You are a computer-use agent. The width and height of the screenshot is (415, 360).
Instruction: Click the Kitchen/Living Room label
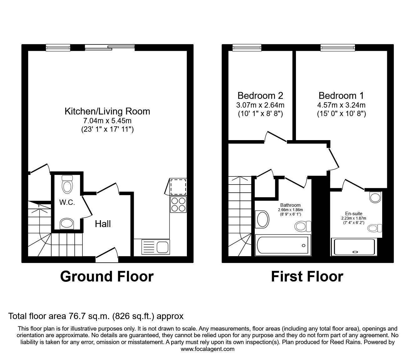tap(107, 111)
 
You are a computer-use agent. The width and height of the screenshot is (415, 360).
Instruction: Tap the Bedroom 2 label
tap(260, 95)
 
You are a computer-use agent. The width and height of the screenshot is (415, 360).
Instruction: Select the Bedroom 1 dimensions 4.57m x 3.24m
tap(341, 105)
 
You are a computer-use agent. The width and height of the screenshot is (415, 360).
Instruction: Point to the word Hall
tap(103, 224)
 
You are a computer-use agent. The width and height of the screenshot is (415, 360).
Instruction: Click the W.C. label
tap(67, 202)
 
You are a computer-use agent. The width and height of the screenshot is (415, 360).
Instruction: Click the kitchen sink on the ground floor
tap(156, 246)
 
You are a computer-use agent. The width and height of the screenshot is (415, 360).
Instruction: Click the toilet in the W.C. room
tap(67, 184)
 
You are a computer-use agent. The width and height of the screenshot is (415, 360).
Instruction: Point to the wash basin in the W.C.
tap(67, 224)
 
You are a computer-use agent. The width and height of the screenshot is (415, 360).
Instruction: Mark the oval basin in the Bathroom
tap(262, 220)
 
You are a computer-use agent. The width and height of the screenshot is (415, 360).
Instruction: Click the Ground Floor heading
tap(107, 276)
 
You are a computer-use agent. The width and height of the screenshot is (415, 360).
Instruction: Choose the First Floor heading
tap(307, 276)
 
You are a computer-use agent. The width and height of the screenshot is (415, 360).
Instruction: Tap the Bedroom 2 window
tap(247, 48)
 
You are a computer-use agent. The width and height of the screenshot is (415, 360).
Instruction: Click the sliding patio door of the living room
tap(110, 48)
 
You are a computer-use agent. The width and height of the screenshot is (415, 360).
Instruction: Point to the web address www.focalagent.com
tap(207, 349)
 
